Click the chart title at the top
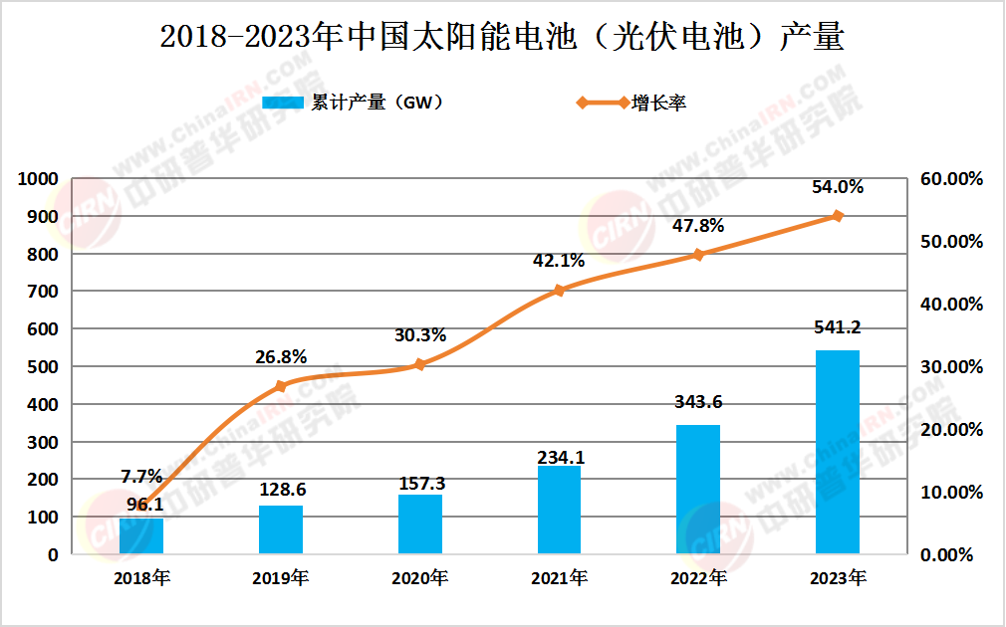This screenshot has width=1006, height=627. click(x=502, y=37)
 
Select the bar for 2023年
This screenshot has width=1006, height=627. click(x=838, y=452)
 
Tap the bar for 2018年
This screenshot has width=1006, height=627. click(x=141, y=535)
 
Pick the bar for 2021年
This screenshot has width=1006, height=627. click(x=559, y=510)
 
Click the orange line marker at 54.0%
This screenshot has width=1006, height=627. click(x=838, y=216)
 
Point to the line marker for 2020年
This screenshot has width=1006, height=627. click(x=419, y=364)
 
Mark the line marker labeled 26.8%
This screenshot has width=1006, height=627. click(x=281, y=386)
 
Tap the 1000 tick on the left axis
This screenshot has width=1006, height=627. click(x=40, y=179)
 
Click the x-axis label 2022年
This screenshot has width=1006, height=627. click(x=698, y=578)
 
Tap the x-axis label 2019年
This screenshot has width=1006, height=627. click(x=281, y=578)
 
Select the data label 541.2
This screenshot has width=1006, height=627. click(x=838, y=326)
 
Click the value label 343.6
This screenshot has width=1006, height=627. click(x=698, y=401)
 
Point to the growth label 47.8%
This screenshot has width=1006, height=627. click(x=698, y=225)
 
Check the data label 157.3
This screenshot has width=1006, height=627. click(x=419, y=483)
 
